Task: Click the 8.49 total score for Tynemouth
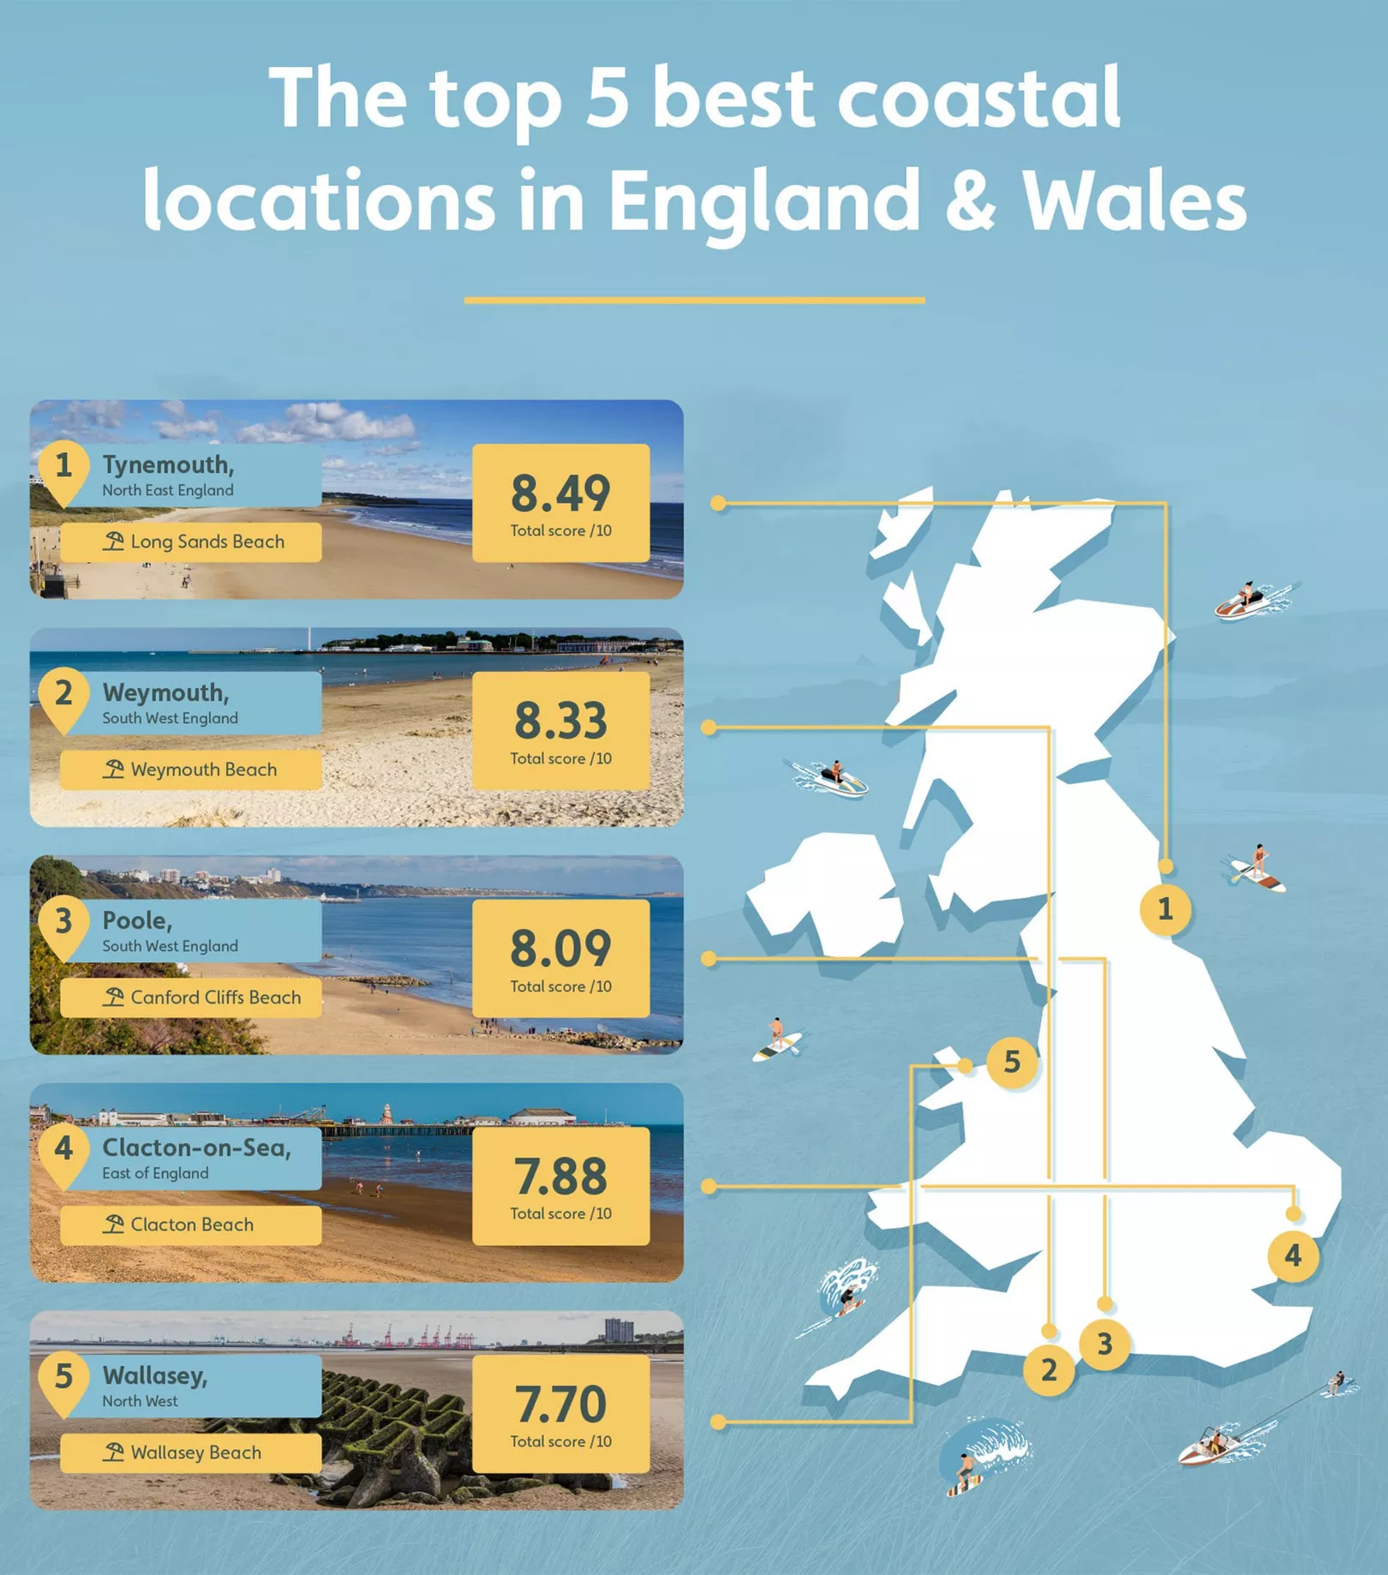560,494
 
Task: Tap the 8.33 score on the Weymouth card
560,722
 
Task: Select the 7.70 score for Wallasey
560,1405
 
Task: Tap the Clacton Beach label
192,1225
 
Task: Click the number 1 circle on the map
1164,909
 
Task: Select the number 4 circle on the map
1292,1256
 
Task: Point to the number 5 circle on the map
1012,1063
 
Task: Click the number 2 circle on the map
1048,1369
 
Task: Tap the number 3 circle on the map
1104,1344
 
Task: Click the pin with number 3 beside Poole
63,924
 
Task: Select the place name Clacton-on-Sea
196,1147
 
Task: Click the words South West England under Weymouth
171,718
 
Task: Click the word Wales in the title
1134,200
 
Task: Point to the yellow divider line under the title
694,300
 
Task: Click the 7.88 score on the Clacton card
560,1177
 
